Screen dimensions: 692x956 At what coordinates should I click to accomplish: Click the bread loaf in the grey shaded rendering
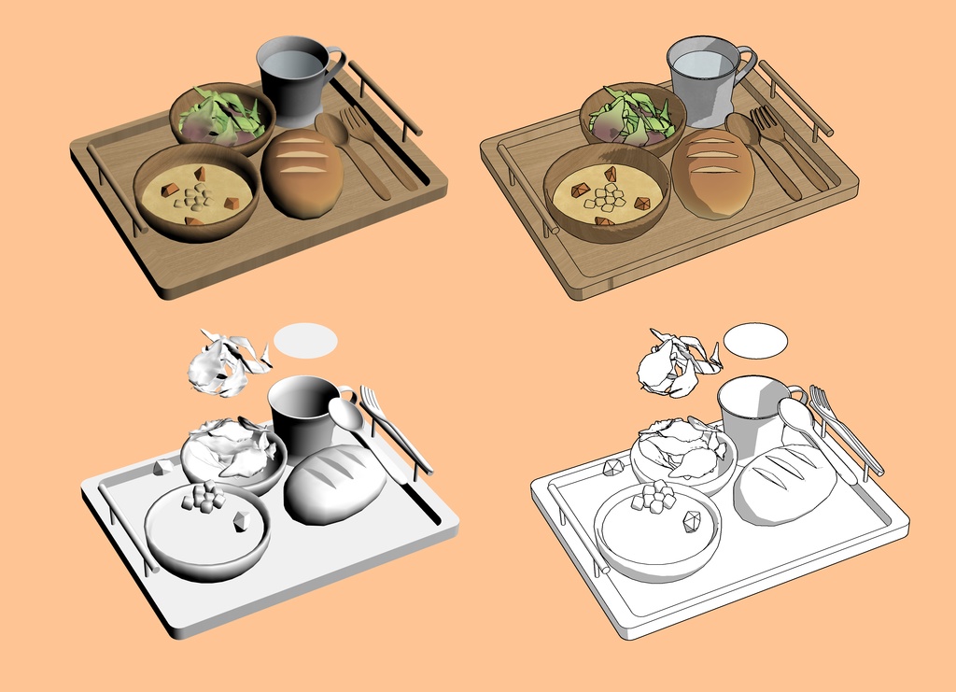[334, 484]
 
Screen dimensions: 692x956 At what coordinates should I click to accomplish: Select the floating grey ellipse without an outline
[305, 340]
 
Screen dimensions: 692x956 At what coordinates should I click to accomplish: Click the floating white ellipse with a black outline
[755, 341]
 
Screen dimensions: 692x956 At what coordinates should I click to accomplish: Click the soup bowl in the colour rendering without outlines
[196, 191]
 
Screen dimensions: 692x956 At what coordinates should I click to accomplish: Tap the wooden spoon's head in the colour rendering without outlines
[330, 128]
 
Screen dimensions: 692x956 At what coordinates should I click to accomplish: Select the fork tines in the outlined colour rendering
[764, 119]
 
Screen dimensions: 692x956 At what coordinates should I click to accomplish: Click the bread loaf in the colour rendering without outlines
[302, 173]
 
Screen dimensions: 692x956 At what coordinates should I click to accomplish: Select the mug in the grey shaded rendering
[301, 414]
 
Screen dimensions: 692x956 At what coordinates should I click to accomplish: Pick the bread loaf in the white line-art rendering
[784, 484]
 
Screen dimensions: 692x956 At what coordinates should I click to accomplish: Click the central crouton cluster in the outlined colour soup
[610, 195]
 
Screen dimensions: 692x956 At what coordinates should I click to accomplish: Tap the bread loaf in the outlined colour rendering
[712, 173]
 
